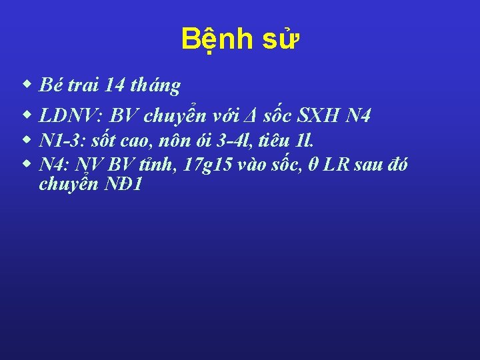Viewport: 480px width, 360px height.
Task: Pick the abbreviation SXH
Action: pyautogui.click(x=321, y=117)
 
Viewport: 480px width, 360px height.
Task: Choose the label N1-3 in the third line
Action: pyautogui.click(x=58, y=141)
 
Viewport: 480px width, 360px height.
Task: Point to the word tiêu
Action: pyautogui.click(x=275, y=141)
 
